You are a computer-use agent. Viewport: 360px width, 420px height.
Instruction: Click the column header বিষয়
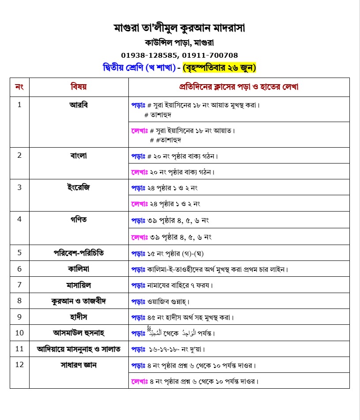click(x=79, y=87)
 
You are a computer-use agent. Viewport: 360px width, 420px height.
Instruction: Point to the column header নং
click(x=19, y=87)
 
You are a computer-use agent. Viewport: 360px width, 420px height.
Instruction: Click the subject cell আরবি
click(x=79, y=105)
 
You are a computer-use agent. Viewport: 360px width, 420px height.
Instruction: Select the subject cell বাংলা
click(x=79, y=155)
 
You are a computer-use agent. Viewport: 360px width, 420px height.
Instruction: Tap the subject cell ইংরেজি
click(x=79, y=187)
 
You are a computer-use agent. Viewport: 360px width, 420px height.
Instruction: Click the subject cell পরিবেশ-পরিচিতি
click(x=79, y=253)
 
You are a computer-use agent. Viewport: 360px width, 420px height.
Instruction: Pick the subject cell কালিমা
click(x=79, y=269)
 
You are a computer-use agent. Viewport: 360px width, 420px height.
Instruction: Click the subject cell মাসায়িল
click(x=79, y=285)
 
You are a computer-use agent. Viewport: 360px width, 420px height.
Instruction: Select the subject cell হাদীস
click(x=79, y=316)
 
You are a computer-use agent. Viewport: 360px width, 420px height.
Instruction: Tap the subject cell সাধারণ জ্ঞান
click(x=79, y=365)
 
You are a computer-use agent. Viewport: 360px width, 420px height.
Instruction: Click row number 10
click(x=19, y=332)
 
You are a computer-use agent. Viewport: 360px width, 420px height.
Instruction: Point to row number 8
click(x=19, y=301)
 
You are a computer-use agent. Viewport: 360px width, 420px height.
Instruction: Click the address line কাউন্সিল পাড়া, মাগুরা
click(x=179, y=43)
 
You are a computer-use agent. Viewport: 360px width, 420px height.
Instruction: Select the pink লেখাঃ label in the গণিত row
click(x=140, y=237)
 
